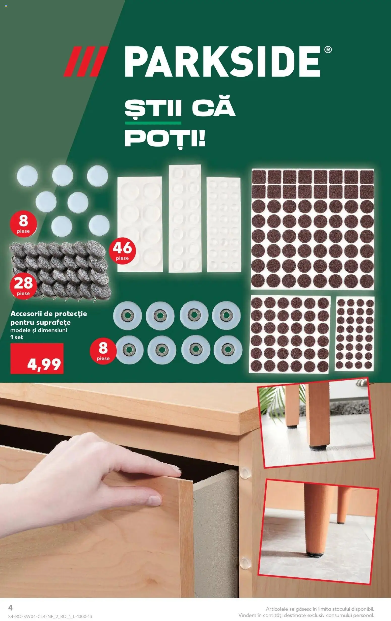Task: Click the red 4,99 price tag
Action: click(x=37, y=359)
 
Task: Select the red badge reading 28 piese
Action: click(x=23, y=286)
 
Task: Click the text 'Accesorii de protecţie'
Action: click(x=48, y=314)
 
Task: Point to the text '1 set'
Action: click(x=17, y=337)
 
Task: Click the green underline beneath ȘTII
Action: click(x=153, y=123)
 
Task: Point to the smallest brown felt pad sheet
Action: click(x=355, y=334)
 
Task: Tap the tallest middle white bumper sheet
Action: click(x=185, y=219)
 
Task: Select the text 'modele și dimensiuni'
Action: click(x=39, y=330)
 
